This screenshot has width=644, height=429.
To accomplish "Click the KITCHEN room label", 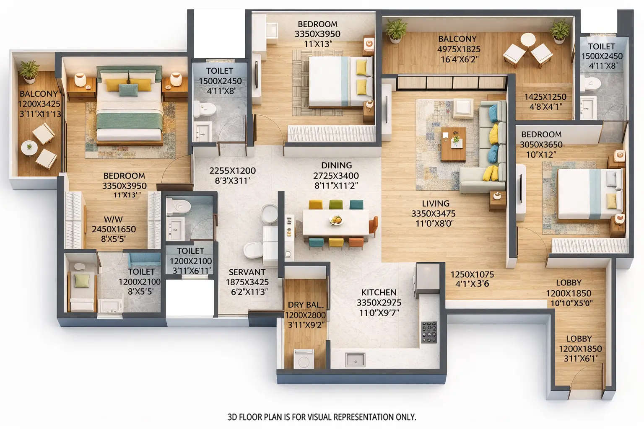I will [x=379, y=292].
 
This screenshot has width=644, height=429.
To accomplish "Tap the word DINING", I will [x=336, y=165].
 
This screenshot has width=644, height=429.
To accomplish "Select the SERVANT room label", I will [x=247, y=272].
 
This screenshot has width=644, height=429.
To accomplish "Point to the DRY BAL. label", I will [x=305, y=305].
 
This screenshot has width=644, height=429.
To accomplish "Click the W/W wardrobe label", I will [x=113, y=219].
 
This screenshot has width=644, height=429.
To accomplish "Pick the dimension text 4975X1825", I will [x=459, y=49].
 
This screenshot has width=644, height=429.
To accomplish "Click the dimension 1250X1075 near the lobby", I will [x=472, y=274].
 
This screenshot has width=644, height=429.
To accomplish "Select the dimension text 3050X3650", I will [x=541, y=145].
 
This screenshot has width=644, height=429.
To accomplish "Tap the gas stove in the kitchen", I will [x=429, y=332].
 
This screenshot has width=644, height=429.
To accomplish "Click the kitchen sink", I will [x=355, y=359].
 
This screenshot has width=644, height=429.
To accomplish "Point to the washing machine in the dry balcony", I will [x=304, y=359].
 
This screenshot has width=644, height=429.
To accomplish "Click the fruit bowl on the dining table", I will [x=336, y=220].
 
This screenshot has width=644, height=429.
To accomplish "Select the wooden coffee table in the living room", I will [x=453, y=144].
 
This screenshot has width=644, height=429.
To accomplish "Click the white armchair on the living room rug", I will [x=463, y=107].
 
